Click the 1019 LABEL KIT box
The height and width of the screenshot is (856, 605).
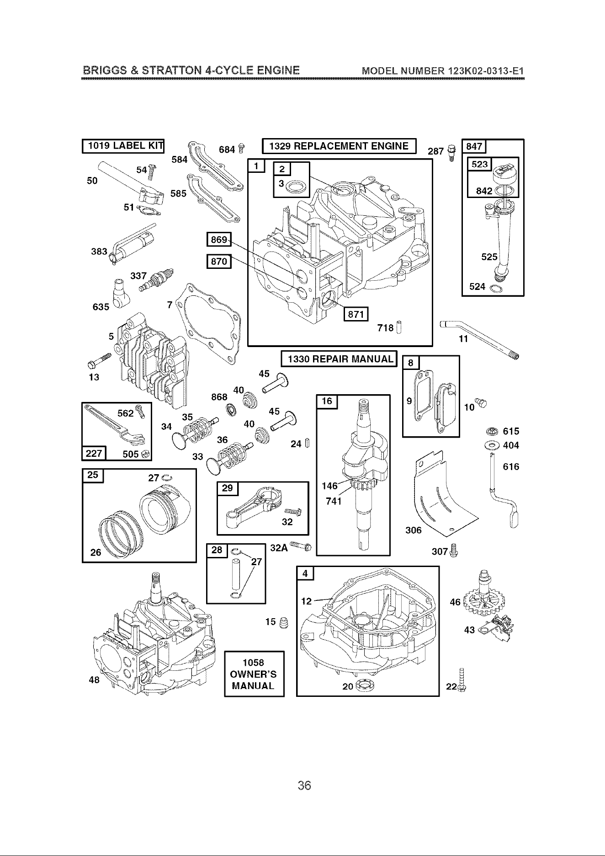pos(123,146)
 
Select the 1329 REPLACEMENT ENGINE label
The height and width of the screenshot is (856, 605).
pos(339,146)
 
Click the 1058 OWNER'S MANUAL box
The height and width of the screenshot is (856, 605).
pos(254,674)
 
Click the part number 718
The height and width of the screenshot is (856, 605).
pos(386,328)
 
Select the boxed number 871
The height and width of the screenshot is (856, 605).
pos(356,314)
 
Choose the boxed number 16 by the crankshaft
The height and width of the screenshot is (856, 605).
pos(327,402)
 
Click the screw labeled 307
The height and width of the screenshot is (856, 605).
pos(453,550)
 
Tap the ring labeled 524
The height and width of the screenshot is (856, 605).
pos(495,289)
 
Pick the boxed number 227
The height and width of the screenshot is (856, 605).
pos(94,453)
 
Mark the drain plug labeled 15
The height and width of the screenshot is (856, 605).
pos(283,622)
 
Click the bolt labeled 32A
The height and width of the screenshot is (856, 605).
pos(301,546)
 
